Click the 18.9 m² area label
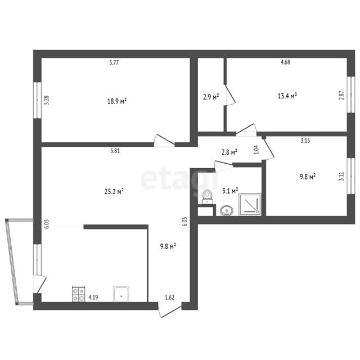[x=117, y=101]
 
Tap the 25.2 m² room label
[x=114, y=191]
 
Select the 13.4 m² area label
[x=287, y=96]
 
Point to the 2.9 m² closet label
[x=211, y=97]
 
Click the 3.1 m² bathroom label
[x=230, y=190]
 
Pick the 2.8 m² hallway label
[x=229, y=152]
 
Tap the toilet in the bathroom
[x=208, y=197]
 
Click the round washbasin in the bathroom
[x=227, y=210]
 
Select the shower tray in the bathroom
[x=250, y=204]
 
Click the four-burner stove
[x=79, y=294]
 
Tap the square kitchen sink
[x=121, y=294]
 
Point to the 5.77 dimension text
[x=114, y=62]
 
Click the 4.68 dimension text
[x=285, y=62]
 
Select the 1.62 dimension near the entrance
[x=170, y=298]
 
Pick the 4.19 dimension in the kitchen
[x=93, y=298]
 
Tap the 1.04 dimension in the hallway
[x=256, y=150]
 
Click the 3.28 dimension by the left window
[x=46, y=100]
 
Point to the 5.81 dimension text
[x=115, y=151]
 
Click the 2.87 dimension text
[x=341, y=95]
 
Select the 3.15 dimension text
[x=305, y=141]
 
